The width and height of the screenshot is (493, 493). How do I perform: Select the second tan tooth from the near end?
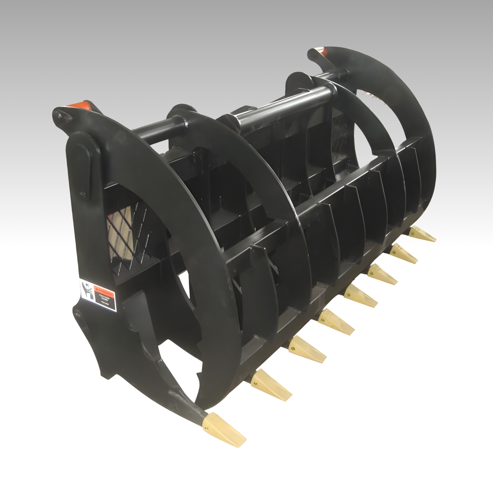(x=271, y=384)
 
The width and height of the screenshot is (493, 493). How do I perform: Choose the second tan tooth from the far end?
(x=404, y=253)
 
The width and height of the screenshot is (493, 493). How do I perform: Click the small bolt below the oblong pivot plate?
(x=82, y=195)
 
